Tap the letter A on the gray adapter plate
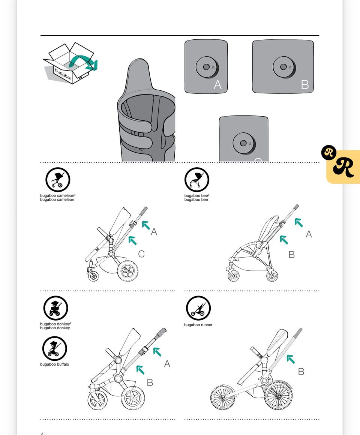click(x=218, y=85)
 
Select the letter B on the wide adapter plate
click(x=305, y=85)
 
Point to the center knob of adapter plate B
click(x=284, y=67)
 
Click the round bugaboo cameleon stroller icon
click(x=58, y=180)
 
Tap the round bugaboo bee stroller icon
click(x=196, y=180)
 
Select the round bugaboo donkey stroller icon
click(x=55, y=308)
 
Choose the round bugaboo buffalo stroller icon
click(x=55, y=348)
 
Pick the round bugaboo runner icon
click(x=198, y=308)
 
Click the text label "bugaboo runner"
click(x=198, y=325)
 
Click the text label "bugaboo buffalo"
click(x=55, y=364)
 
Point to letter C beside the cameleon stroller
click(x=141, y=254)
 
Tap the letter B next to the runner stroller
click(x=301, y=372)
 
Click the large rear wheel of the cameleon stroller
click(x=127, y=270)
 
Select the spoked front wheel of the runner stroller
click(x=223, y=397)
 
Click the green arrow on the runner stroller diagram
click(x=290, y=359)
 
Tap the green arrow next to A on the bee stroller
click(x=298, y=222)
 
